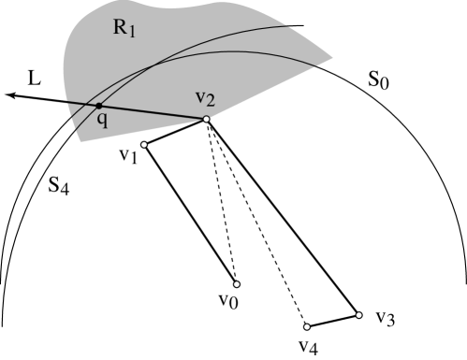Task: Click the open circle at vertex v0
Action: (x=236, y=284)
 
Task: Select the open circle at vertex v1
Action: (x=144, y=145)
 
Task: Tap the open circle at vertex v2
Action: (x=205, y=120)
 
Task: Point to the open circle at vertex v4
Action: (x=307, y=326)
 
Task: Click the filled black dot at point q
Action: (x=98, y=105)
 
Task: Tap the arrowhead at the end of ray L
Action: (x=7, y=94)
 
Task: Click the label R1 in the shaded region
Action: (x=125, y=28)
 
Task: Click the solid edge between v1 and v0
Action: (x=190, y=215)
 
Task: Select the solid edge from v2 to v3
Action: (x=282, y=217)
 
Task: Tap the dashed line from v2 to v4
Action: (x=255, y=223)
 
